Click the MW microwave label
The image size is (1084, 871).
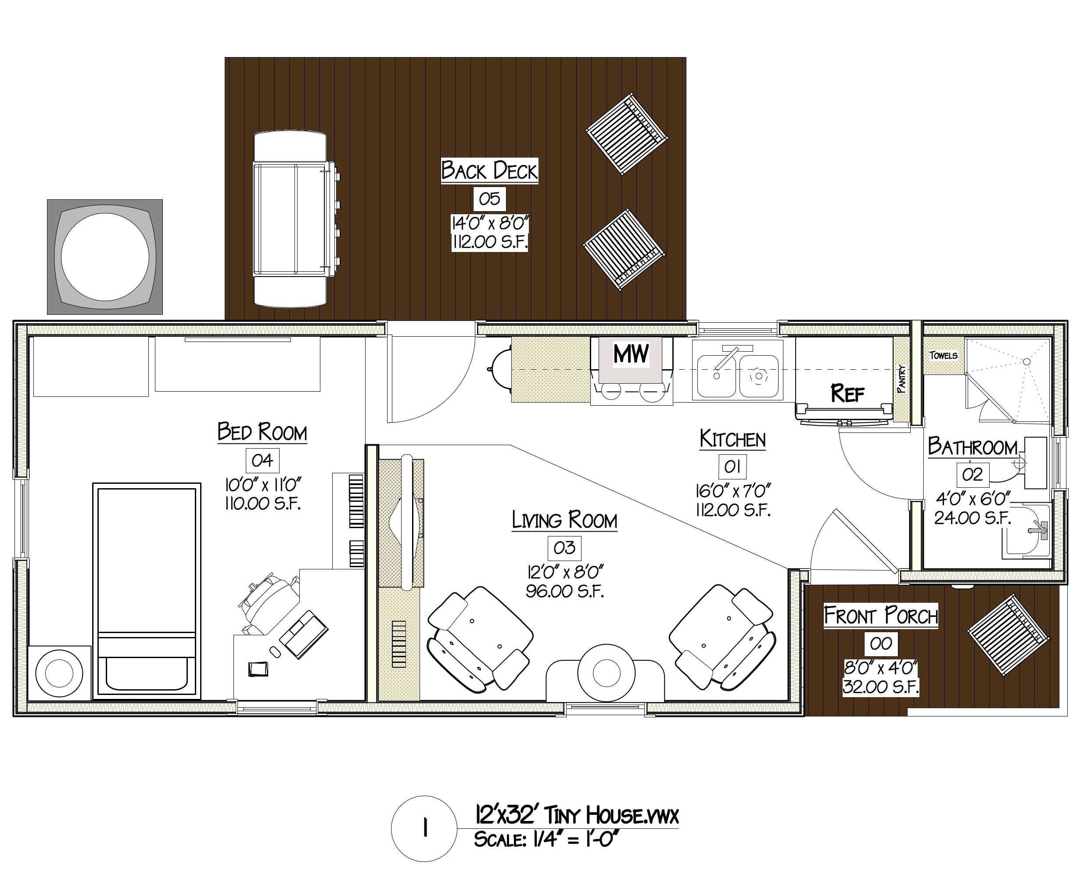[x=631, y=353]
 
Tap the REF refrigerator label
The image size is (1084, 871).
[x=847, y=393]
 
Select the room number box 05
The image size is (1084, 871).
[x=489, y=198]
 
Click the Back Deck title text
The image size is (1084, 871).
[x=489, y=171]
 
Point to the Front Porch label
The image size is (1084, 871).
[x=880, y=615]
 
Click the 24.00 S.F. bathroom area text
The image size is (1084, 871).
[x=972, y=518]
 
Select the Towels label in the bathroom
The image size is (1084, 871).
[x=943, y=355]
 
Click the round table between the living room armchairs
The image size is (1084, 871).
[x=606, y=673]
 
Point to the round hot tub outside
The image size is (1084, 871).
[x=104, y=256]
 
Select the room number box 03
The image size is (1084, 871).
[x=564, y=547]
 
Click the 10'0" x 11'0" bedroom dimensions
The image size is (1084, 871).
[x=262, y=485]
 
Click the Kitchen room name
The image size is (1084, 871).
[x=732, y=439]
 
